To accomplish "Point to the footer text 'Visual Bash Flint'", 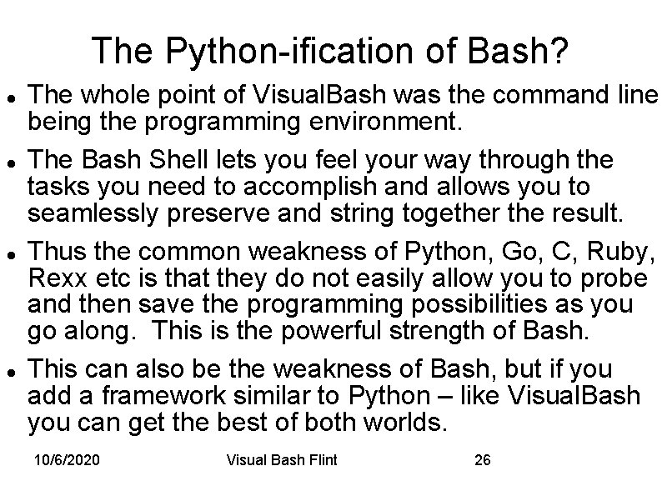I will coord(282,460).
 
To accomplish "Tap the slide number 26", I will coord(482,460).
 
